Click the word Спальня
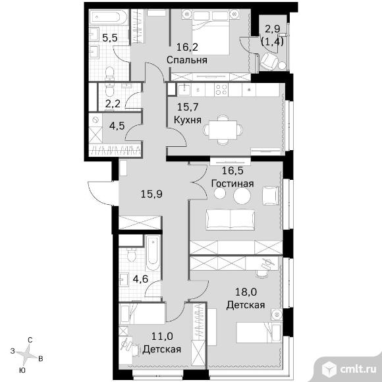point(187,60)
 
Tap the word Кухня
point(188,120)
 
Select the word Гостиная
point(232,184)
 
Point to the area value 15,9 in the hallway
point(151,194)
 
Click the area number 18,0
point(246,292)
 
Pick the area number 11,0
point(162,337)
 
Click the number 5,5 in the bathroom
point(110,38)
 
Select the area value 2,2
point(113,104)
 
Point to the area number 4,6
point(140,279)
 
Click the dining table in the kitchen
point(223,130)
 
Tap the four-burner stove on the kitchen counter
point(221,90)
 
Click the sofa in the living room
point(231,220)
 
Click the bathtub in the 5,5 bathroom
point(108,17)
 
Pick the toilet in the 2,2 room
point(109,90)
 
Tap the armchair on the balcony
point(269,61)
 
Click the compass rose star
point(27,355)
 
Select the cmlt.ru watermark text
point(358,369)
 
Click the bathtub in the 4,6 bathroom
point(153,253)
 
